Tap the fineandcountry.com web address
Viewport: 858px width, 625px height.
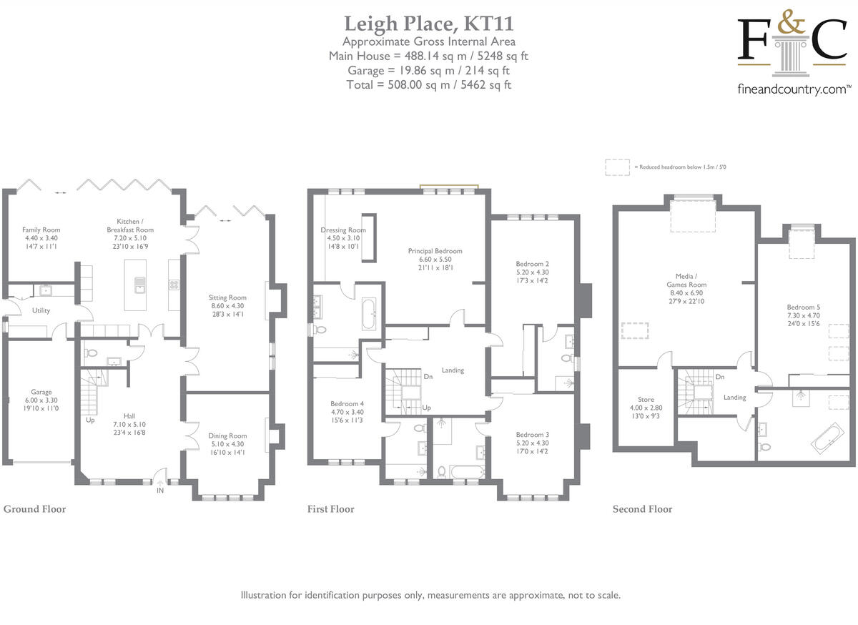pos(794,89)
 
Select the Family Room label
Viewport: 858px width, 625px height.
pos(41,230)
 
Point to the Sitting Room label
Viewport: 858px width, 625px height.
pos(227,297)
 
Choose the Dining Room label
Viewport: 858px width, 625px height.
pos(227,435)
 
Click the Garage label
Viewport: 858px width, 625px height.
pos(41,392)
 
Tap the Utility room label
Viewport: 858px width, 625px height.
pos(40,310)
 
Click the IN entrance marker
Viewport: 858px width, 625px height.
pos(160,491)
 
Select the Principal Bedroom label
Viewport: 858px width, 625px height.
pos(435,251)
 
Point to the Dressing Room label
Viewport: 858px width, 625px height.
pos(343,230)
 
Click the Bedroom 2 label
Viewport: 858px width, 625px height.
pos(532,264)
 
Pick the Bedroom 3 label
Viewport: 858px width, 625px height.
pos(532,434)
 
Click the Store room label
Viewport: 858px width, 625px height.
pos(646,400)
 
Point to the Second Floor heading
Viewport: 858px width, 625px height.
pos(642,509)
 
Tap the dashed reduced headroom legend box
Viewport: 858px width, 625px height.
pos(616,167)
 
